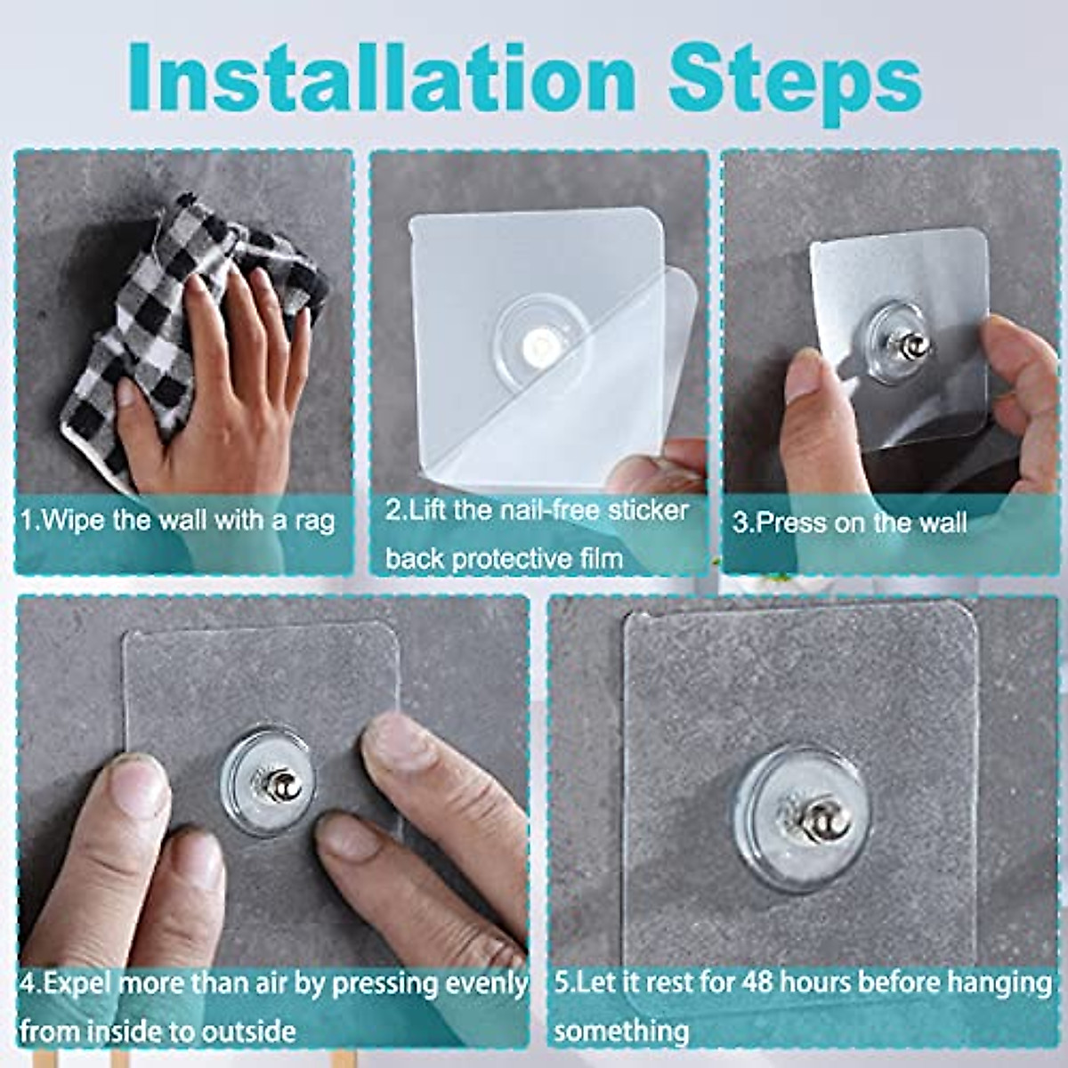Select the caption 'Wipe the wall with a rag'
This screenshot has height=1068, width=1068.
[x=178, y=519]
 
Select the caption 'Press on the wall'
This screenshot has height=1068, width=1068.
[x=850, y=522]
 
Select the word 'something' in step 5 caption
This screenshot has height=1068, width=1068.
[x=621, y=1032]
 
